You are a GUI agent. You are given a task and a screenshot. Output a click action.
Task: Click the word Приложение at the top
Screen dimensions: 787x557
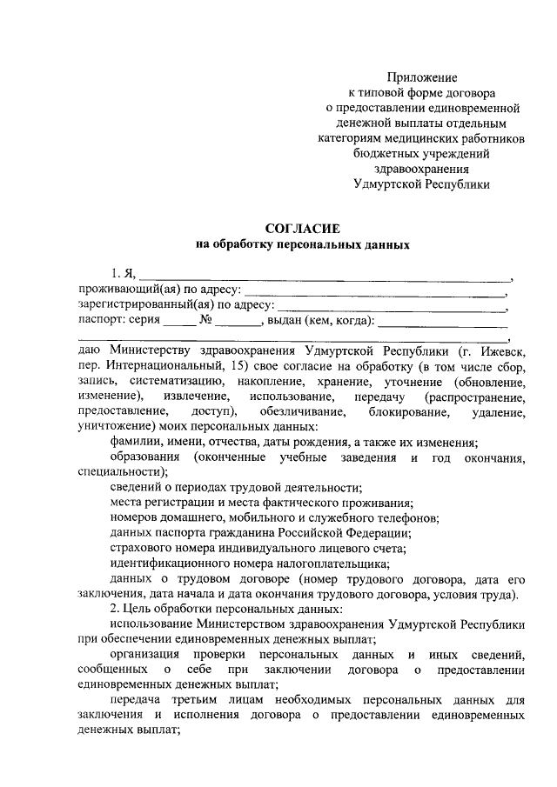coord(422,78)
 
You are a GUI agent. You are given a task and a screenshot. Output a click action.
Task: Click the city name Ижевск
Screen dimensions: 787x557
coord(500,350)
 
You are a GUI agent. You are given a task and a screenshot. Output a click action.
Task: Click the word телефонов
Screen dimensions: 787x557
coord(409,517)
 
